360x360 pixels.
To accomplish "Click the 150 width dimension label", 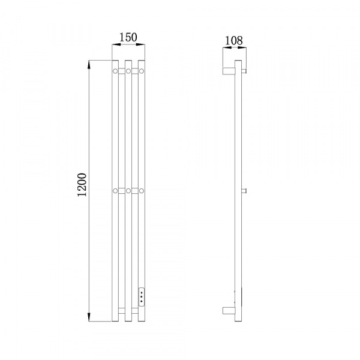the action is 128,37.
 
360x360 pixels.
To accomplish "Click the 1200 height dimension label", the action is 82,185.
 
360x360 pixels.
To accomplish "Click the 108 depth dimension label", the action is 233,41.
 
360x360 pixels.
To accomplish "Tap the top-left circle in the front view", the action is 115,71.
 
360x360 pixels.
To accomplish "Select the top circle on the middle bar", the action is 128,71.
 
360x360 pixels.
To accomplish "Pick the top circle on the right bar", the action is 142,71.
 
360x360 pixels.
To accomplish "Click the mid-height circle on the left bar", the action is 115,191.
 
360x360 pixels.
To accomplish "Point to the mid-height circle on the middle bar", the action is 128,191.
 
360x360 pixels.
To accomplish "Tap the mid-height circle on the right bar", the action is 142,191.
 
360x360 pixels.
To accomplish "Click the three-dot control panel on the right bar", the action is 142,297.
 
